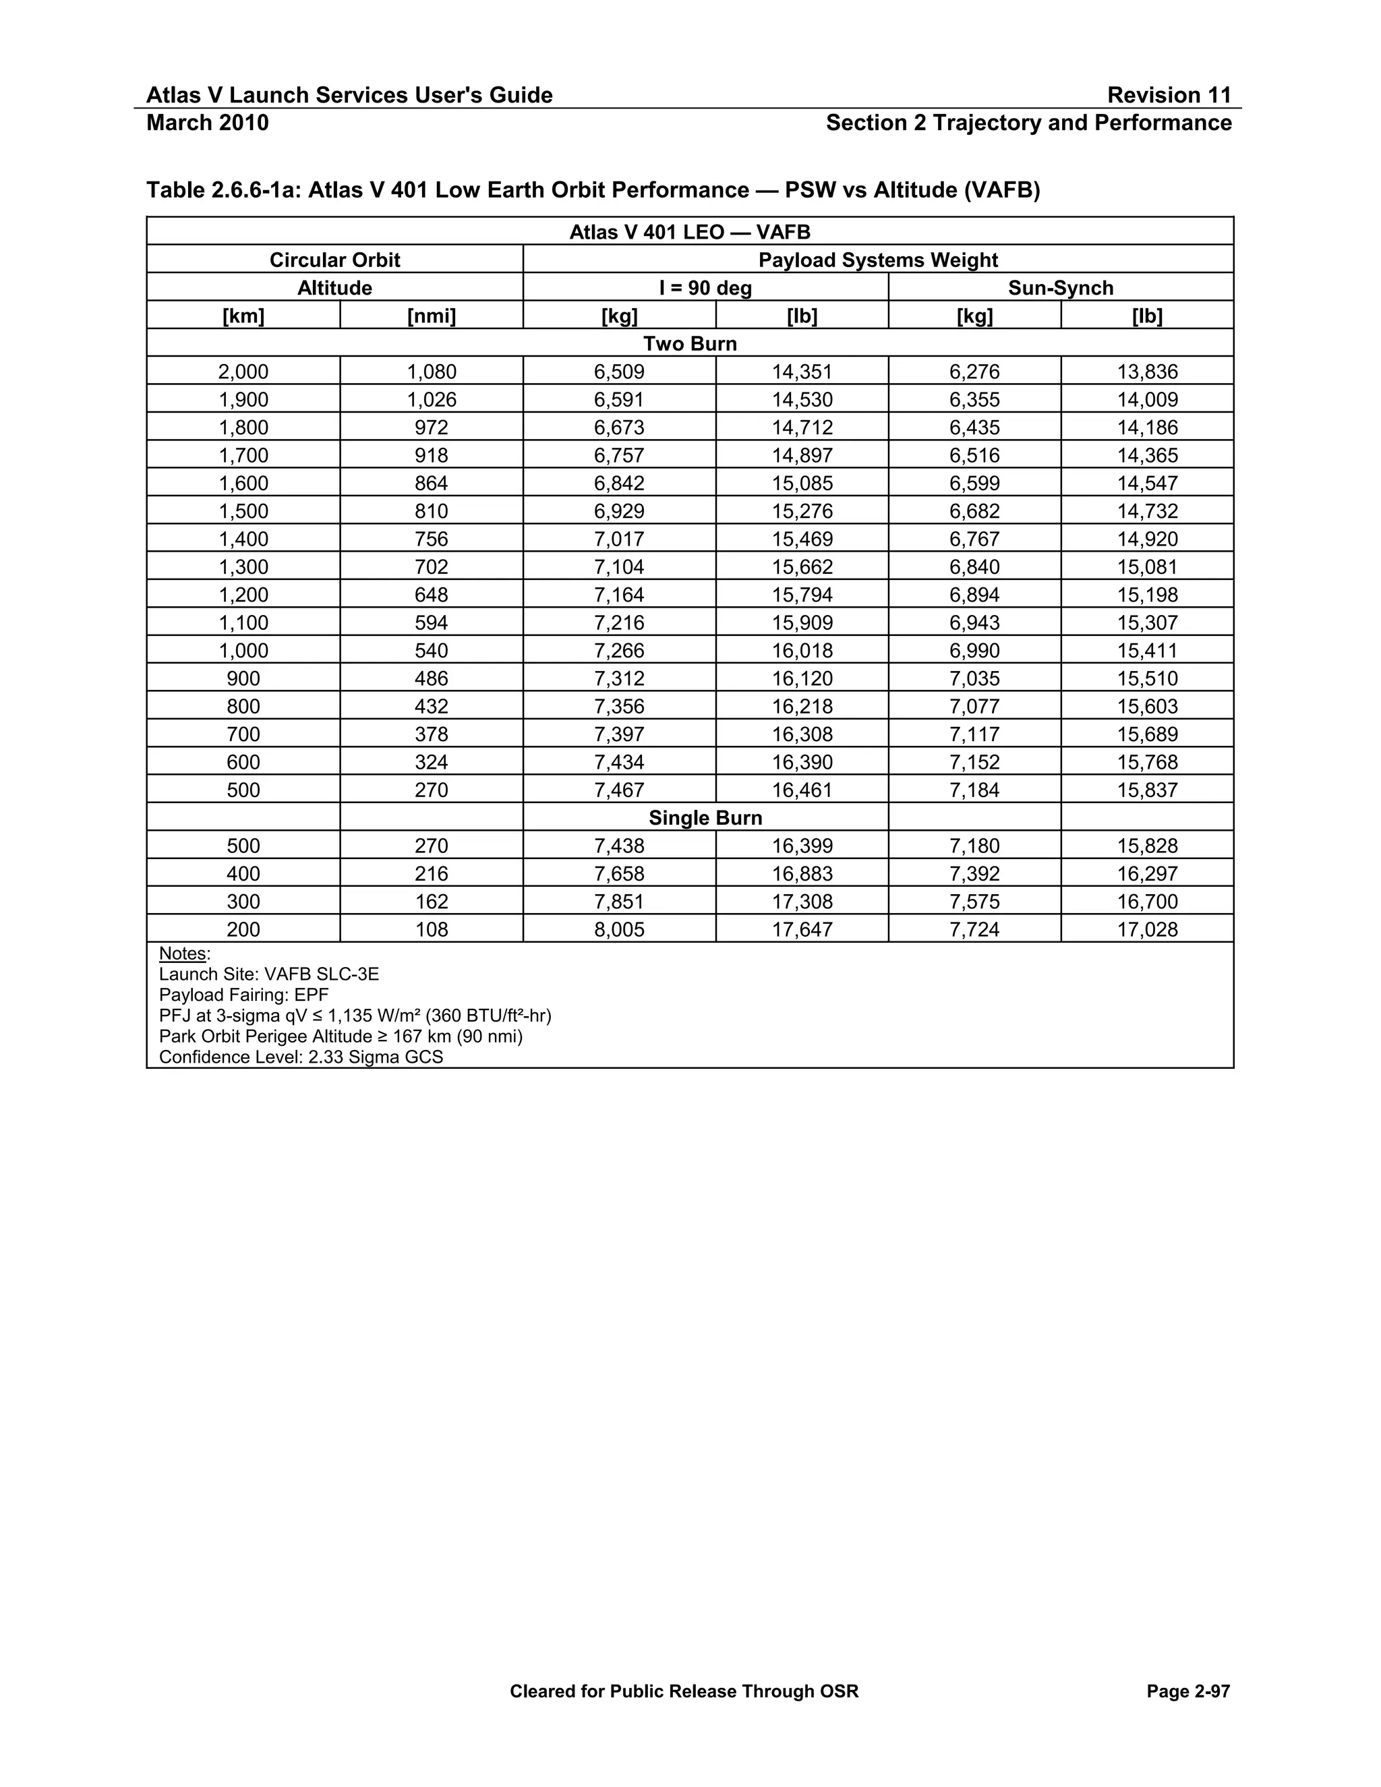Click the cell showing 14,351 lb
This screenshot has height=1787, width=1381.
click(801, 372)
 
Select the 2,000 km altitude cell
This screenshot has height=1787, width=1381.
click(243, 372)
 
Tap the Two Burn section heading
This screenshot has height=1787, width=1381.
click(690, 344)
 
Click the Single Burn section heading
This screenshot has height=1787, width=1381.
click(705, 817)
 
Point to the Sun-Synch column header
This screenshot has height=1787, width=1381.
click(1060, 288)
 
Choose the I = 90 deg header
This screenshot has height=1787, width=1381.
click(705, 288)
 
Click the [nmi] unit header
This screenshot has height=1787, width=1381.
click(431, 316)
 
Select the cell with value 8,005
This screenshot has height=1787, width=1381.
click(619, 929)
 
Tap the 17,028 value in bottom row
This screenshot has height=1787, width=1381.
click(1147, 929)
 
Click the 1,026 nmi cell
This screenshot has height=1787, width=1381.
click(431, 399)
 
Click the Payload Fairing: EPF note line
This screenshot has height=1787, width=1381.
click(244, 995)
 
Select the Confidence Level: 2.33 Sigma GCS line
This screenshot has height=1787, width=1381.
click(301, 1057)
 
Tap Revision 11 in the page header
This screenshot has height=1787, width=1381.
click(1169, 95)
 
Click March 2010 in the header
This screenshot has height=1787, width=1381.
click(207, 123)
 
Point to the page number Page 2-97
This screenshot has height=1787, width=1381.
click(1188, 1691)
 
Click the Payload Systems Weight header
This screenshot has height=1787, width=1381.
click(878, 260)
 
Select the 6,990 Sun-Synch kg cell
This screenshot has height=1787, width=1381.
click(974, 651)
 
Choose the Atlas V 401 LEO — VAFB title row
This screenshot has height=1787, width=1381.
click(690, 233)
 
